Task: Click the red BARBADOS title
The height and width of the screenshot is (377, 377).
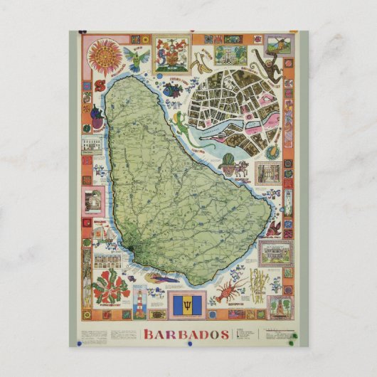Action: (186, 334)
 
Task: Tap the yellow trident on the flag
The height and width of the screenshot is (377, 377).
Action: (188, 304)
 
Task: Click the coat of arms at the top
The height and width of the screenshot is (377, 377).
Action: (172, 53)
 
